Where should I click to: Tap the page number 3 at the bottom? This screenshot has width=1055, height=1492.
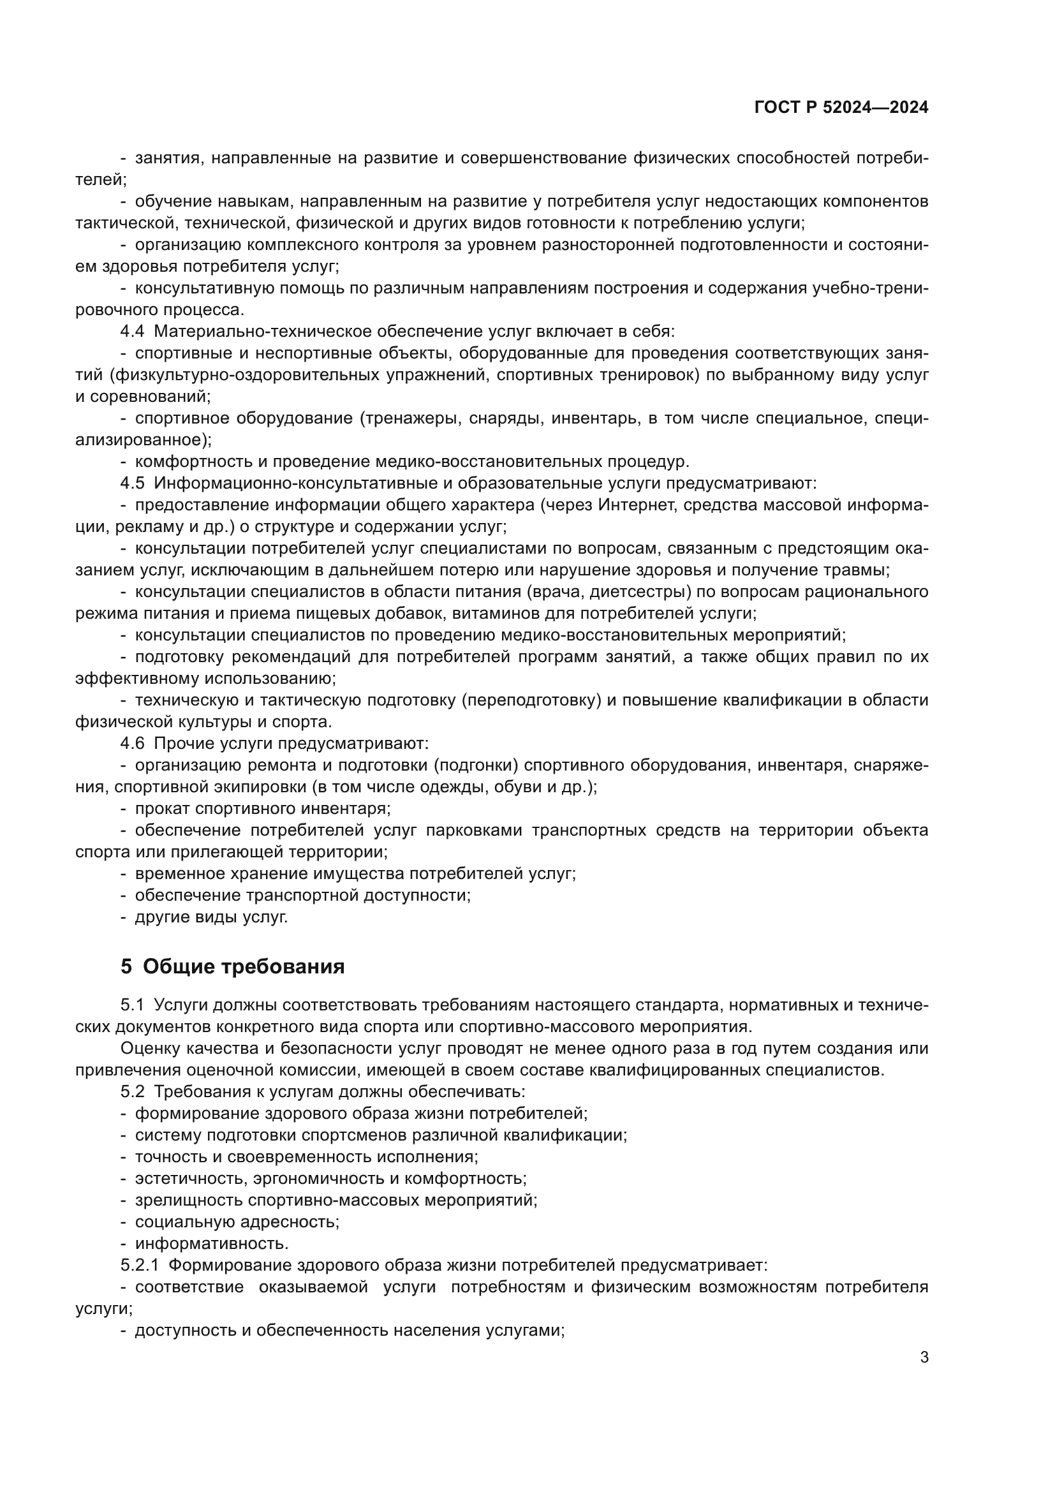[x=924, y=1357]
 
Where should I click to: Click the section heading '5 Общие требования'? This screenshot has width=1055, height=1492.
[x=232, y=967]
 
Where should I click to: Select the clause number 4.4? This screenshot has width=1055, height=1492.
[x=132, y=332]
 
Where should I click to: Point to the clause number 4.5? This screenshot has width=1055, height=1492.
[x=132, y=484]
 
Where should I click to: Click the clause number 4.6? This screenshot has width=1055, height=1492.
[x=132, y=743]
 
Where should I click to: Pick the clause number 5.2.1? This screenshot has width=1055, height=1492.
[x=139, y=1265]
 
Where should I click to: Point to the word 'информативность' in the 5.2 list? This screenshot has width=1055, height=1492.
[x=210, y=1244]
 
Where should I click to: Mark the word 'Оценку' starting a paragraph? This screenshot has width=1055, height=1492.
[x=149, y=1048]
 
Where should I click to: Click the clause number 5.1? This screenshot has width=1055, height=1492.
[x=132, y=1005]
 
